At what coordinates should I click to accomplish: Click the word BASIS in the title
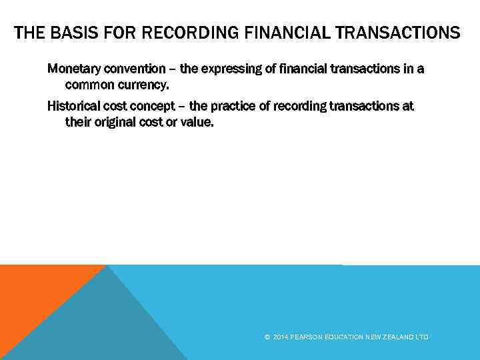click(x=70, y=33)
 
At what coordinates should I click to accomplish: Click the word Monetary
click(x=73, y=69)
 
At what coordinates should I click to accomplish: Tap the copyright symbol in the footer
click(x=267, y=337)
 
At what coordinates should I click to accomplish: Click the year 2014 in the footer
click(x=280, y=337)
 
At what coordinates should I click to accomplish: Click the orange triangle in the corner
click(x=33, y=293)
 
